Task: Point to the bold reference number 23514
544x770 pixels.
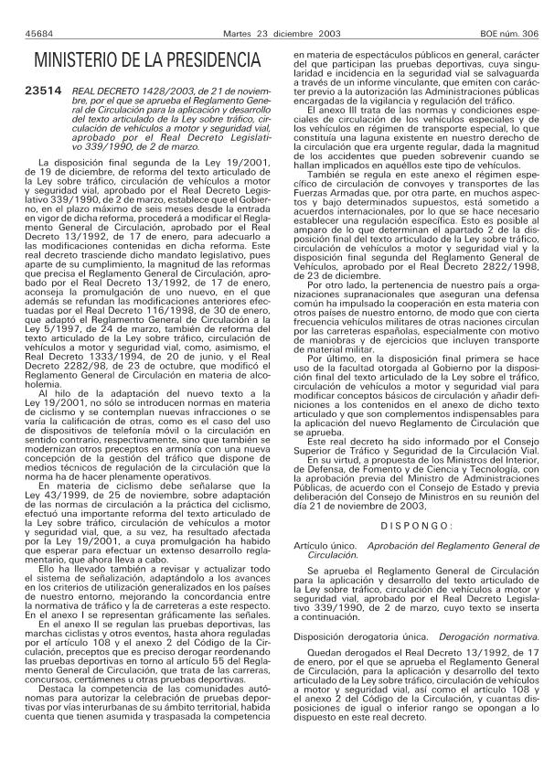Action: [x=44, y=91]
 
